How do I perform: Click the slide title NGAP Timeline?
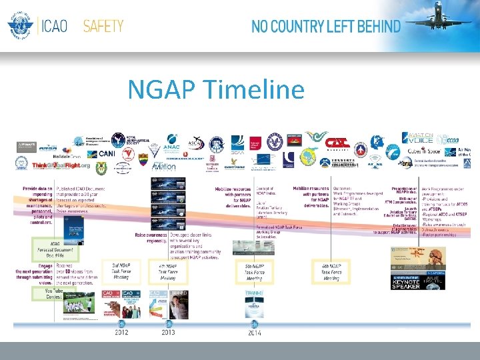pyautogui.click(x=215, y=89)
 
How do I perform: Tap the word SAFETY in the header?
pyautogui.click(x=103, y=27)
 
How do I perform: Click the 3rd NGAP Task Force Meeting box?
pyautogui.click(x=120, y=272)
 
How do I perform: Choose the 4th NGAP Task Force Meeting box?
pyautogui.click(x=167, y=272)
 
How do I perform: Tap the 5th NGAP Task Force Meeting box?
pyautogui.click(x=253, y=272)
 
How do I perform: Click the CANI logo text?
pyautogui.click(x=107, y=153)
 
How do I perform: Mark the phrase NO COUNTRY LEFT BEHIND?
pyautogui.click(x=326, y=27)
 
